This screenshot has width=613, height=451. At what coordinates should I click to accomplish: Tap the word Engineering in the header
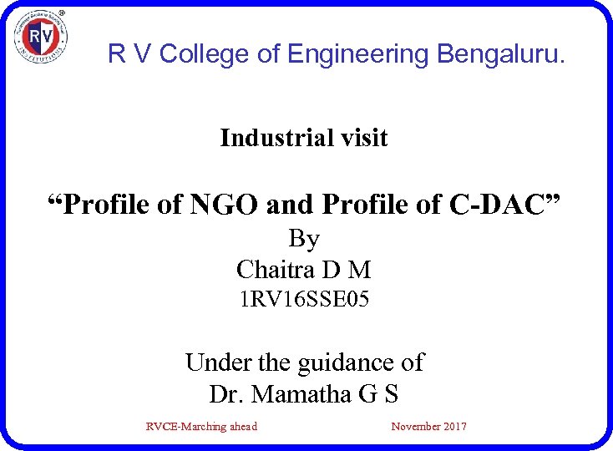tap(358, 54)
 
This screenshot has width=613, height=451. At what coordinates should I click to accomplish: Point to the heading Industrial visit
tap(303, 138)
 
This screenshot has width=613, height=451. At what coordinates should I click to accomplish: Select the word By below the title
tap(304, 239)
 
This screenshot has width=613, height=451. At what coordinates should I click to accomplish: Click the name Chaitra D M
tap(303, 270)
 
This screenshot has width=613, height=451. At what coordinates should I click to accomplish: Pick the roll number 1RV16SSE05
tap(303, 298)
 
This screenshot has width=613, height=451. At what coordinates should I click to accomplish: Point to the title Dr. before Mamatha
tap(226, 393)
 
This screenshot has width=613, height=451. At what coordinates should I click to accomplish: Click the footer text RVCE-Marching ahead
tap(201, 427)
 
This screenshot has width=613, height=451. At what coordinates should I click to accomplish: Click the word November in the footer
tap(415, 427)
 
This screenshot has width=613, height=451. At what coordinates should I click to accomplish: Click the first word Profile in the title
tap(116, 203)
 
